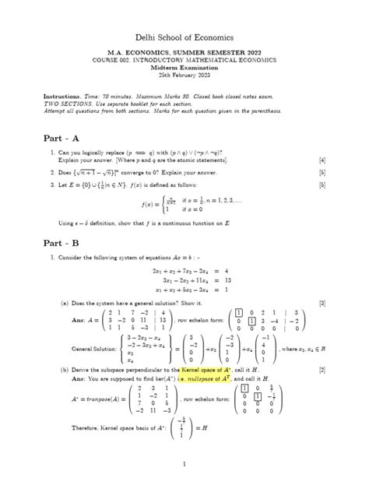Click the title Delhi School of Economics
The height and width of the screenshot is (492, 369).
pyautogui.click(x=184, y=37)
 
